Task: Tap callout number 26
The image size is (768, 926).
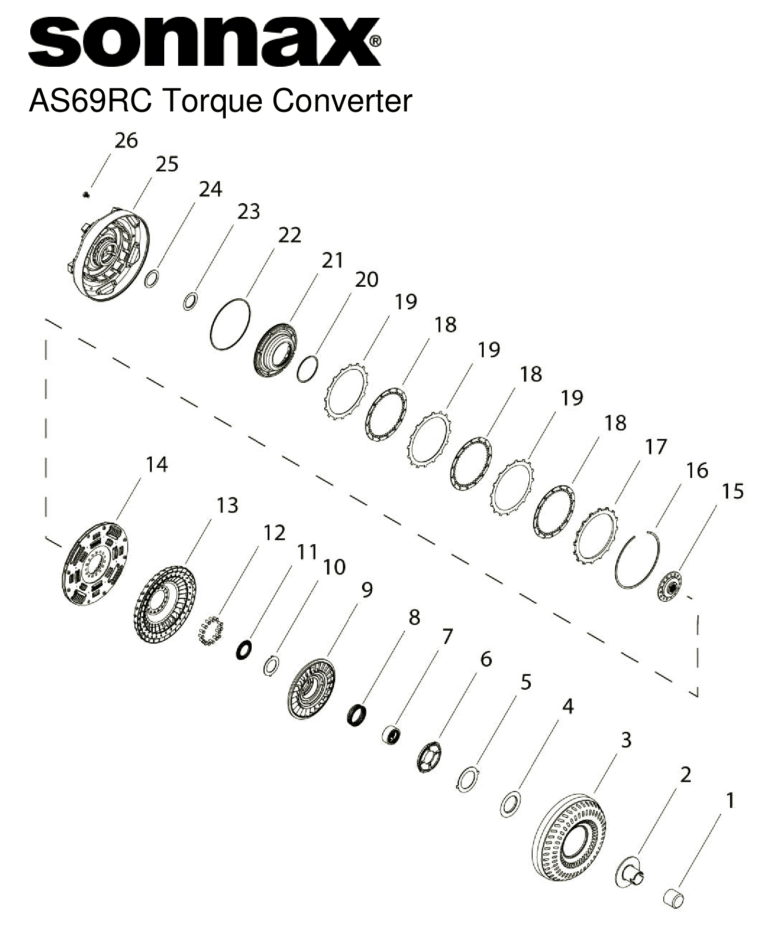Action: (126, 141)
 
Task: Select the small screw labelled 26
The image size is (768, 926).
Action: (86, 195)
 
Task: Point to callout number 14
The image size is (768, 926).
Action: (157, 465)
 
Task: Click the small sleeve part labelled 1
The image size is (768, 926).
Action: (673, 897)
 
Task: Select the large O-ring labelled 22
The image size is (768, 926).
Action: (231, 325)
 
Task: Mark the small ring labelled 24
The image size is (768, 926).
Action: (151, 279)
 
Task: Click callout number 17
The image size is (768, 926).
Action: (656, 447)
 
